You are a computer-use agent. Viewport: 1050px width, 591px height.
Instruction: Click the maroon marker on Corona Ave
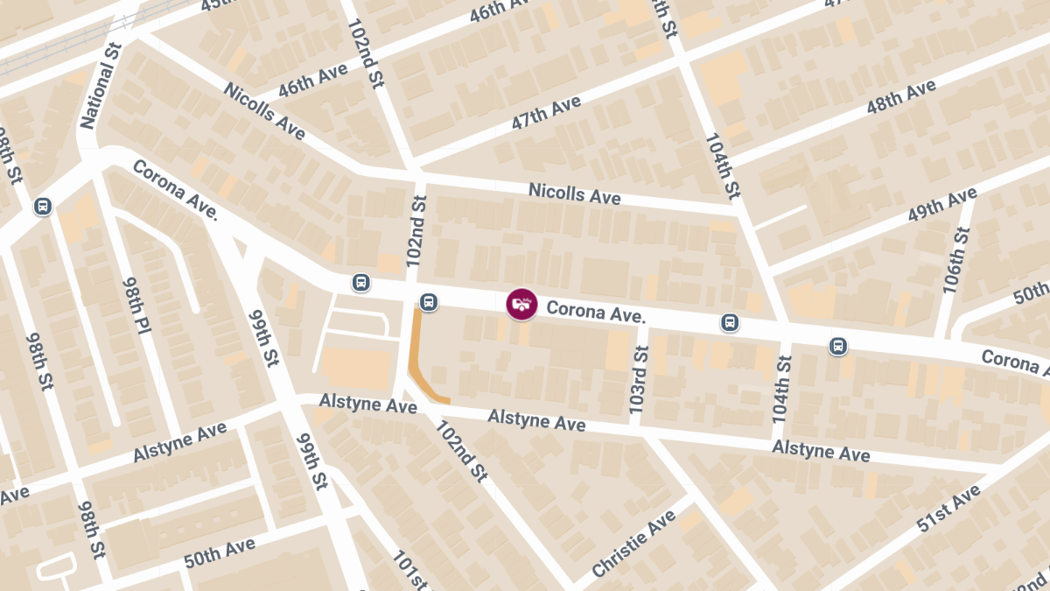click(521, 304)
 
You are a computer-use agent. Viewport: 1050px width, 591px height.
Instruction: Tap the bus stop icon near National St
click(42, 207)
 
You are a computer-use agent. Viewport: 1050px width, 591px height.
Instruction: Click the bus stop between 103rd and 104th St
click(730, 322)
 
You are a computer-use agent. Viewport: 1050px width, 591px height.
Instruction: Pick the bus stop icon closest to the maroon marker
click(429, 302)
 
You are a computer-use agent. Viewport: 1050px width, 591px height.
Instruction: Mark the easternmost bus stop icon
click(838, 346)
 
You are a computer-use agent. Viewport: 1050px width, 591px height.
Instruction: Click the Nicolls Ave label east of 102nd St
click(574, 193)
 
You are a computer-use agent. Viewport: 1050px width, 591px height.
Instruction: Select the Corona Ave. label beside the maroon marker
click(596, 312)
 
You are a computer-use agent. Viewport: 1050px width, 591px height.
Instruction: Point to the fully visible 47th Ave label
click(547, 114)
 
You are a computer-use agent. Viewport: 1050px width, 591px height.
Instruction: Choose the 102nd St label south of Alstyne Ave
click(461, 451)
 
